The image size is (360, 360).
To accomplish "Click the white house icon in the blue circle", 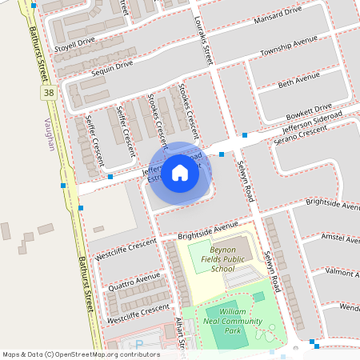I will click(180, 172).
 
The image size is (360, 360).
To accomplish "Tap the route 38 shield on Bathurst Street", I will click(49, 94).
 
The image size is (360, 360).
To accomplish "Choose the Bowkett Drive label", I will click(310, 107).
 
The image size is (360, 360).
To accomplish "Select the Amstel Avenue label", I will click(340, 239).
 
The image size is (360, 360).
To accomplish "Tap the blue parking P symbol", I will click(139, 345).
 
